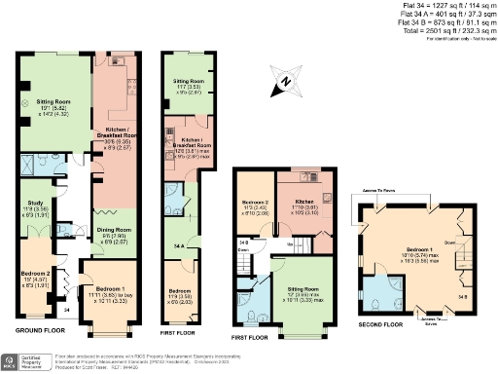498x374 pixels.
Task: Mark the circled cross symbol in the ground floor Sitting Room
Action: [x=25, y=99]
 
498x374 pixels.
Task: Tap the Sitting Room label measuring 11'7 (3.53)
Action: [x=187, y=82]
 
